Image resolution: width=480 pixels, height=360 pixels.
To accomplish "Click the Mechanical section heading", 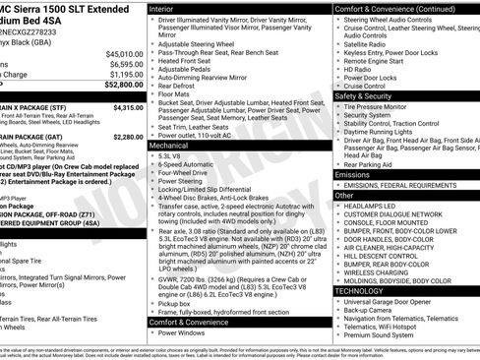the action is [x=170, y=145].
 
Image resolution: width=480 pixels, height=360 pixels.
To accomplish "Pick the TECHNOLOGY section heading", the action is [x=361, y=290].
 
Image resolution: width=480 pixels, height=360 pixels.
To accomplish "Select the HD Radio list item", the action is [x=360, y=69].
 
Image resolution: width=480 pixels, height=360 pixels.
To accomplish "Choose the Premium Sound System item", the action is [x=381, y=334].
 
